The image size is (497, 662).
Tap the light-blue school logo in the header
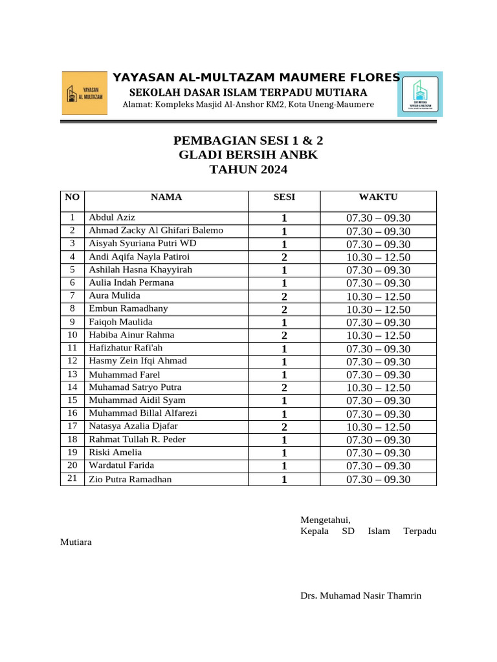pos(420,94)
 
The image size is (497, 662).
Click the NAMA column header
pos(166,197)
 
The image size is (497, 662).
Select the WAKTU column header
pos(378,197)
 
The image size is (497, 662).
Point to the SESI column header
pos(284,197)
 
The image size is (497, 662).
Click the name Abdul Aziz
pos(112,217)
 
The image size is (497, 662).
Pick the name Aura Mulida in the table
pos(115,295)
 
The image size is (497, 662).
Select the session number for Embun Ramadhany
pos(284,309)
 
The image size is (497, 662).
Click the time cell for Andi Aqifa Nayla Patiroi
pos(378,257)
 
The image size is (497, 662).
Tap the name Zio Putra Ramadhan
pos(131,479)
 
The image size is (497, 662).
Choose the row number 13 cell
pos(72,374)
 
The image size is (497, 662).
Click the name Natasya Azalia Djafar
pos(133,426)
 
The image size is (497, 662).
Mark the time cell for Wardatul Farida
pos(378,465)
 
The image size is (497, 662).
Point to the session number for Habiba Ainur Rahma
pos(284,336)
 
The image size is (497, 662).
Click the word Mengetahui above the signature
pos(326,519)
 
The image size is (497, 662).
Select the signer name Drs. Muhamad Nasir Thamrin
pos(360,595)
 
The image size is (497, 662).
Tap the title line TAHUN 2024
pos(248,170)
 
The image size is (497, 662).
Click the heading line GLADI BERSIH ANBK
pos(248,155)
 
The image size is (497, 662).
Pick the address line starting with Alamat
pos(248,105)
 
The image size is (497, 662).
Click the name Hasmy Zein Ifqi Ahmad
pos(138,361)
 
